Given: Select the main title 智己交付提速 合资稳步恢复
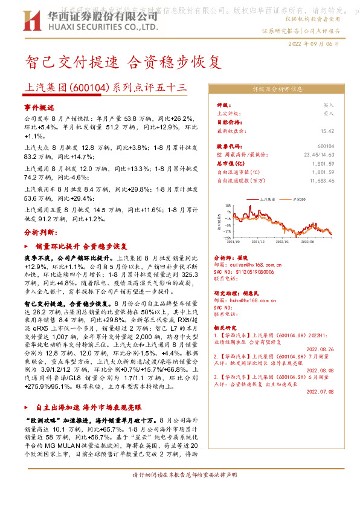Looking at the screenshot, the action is pyautogui.click(x=118, y=62).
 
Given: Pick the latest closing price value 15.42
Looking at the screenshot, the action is pyautogui.click(x=327, y=131).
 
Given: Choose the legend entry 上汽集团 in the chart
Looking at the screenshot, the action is pyautogui.click(x=267, y=198).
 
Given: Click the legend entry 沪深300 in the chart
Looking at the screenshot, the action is pyautogui.click(x=300, y=198).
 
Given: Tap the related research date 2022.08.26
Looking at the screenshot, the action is pyautogui.click(x=320, y=348).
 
